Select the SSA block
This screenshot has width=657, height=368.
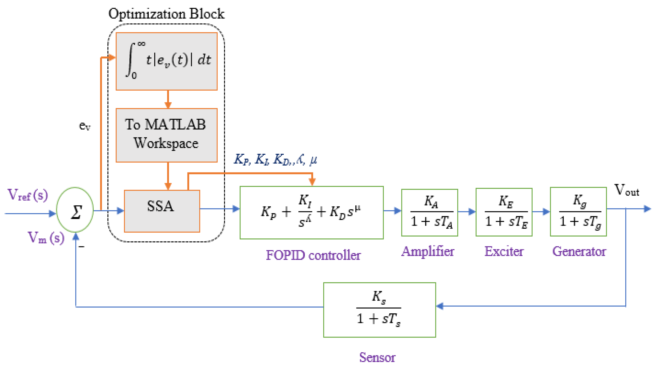[162, 211]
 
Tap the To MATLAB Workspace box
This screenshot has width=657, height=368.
[166, 135]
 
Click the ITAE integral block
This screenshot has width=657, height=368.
[166, 61]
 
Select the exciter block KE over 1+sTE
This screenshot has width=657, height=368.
[504, 212]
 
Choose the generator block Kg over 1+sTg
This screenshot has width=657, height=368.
[578, 212]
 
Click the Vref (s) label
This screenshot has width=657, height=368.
[27, 195]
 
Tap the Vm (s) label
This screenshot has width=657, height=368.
[46, 238]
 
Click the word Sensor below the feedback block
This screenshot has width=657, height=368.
[377, 357]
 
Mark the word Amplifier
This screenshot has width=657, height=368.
[428, 251]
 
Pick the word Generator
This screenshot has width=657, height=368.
[579, 251]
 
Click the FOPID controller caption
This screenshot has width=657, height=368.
[313, 255]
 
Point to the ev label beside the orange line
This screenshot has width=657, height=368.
[85, 126]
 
